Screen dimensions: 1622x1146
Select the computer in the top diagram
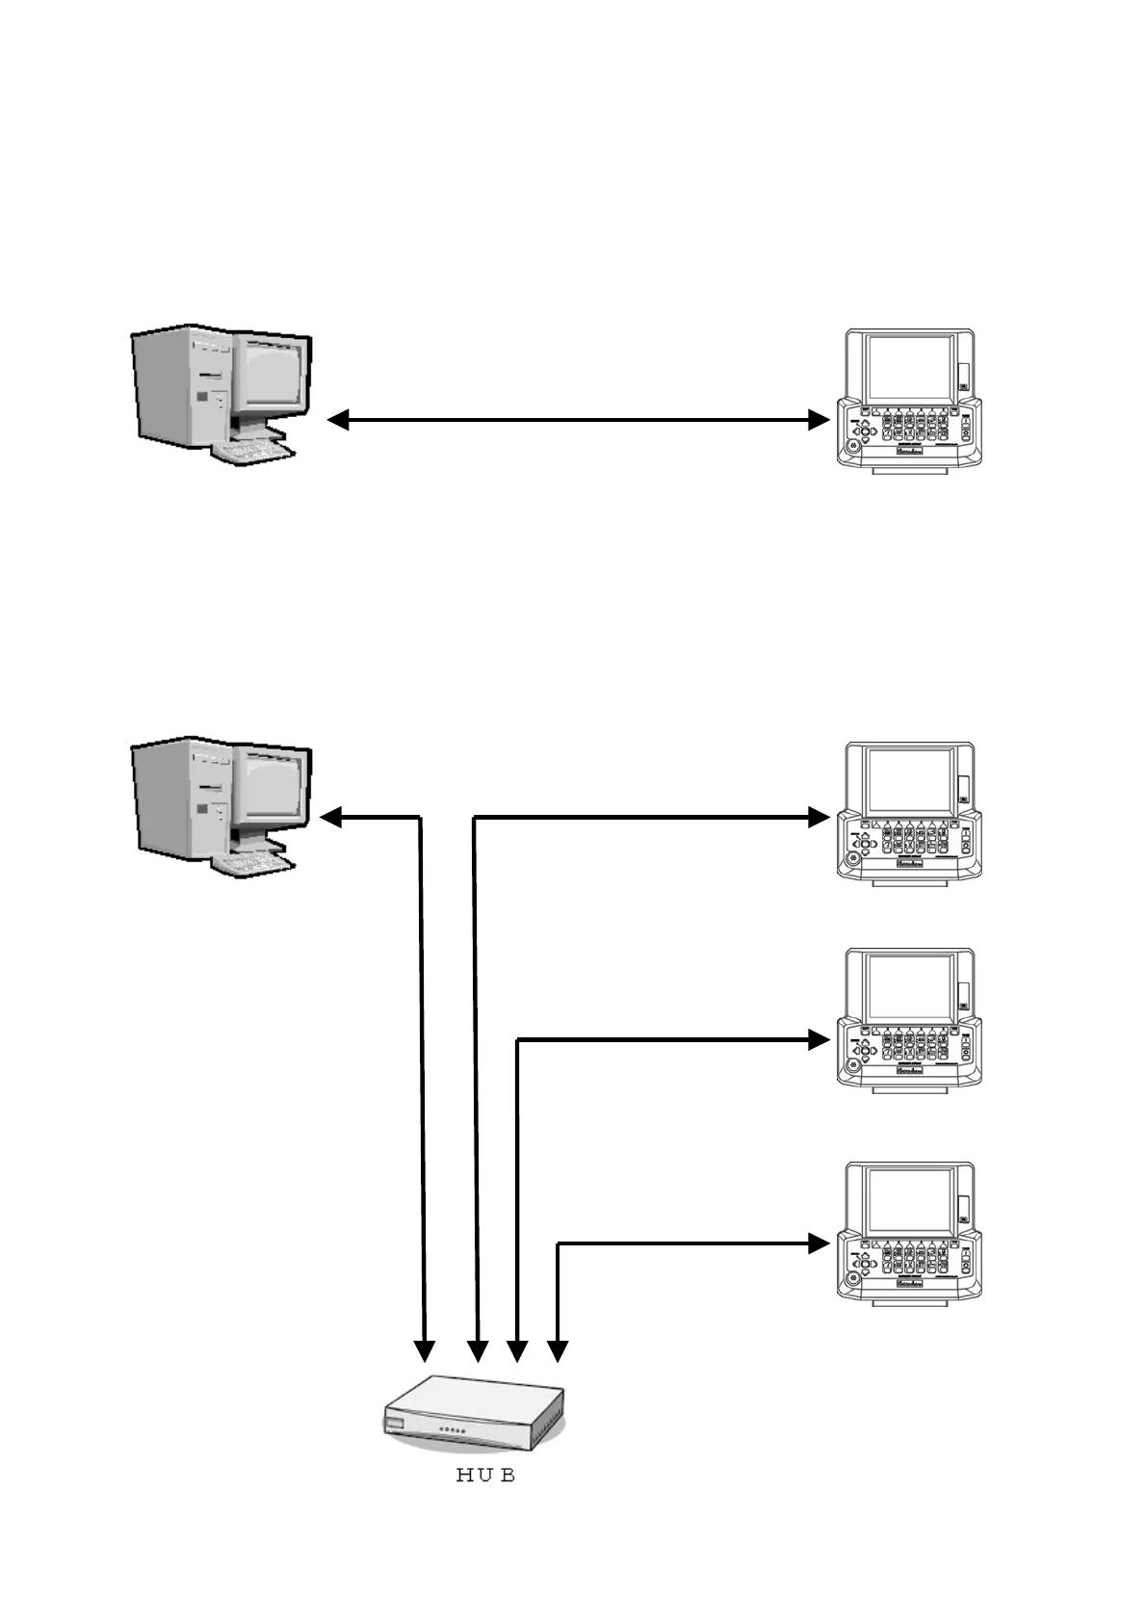click(221, 395)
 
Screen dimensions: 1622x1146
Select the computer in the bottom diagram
click(221, 805)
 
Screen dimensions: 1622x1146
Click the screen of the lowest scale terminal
click(910, 1202)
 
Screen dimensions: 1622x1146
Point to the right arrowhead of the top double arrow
click(819, 420)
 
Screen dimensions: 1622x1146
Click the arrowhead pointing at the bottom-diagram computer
click(330, 818)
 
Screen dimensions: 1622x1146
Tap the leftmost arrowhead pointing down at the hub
click(425, 1351)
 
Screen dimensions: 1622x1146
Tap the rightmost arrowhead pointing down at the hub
click(558, 1351)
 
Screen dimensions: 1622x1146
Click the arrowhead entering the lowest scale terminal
click(819, 1243)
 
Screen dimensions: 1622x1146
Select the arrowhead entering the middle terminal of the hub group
click(819, 1040)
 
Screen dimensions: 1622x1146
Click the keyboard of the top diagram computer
click(252, 451)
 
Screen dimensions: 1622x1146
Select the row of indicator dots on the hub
click(453, 1431)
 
